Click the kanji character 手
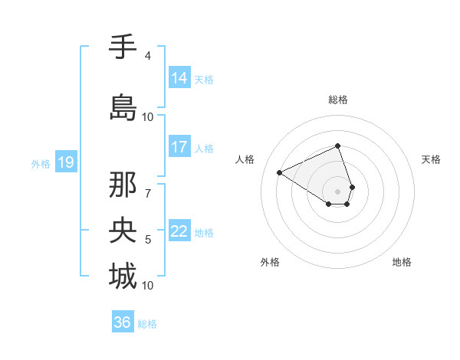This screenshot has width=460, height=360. point(123,47)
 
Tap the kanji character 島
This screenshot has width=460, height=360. point(123,108)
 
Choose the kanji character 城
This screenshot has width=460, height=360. point(123,277)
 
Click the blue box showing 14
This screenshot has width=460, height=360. point(179,78)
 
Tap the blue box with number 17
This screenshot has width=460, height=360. point(179,147)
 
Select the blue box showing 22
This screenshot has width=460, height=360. point(179,231)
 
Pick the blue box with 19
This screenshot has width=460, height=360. point(65,162)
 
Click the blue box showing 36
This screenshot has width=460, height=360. point(123,322)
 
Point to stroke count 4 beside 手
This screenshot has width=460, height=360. point(148,56)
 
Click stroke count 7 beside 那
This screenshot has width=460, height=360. point(148,185)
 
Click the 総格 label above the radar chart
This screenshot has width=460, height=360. point(338,100)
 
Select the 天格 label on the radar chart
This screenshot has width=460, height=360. point(431,159)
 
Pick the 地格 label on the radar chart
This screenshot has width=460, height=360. point(402,262)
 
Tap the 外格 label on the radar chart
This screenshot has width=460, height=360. point(270,262)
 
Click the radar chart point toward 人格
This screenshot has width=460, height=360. point(280,173)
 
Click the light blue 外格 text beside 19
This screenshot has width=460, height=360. point(40,163)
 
